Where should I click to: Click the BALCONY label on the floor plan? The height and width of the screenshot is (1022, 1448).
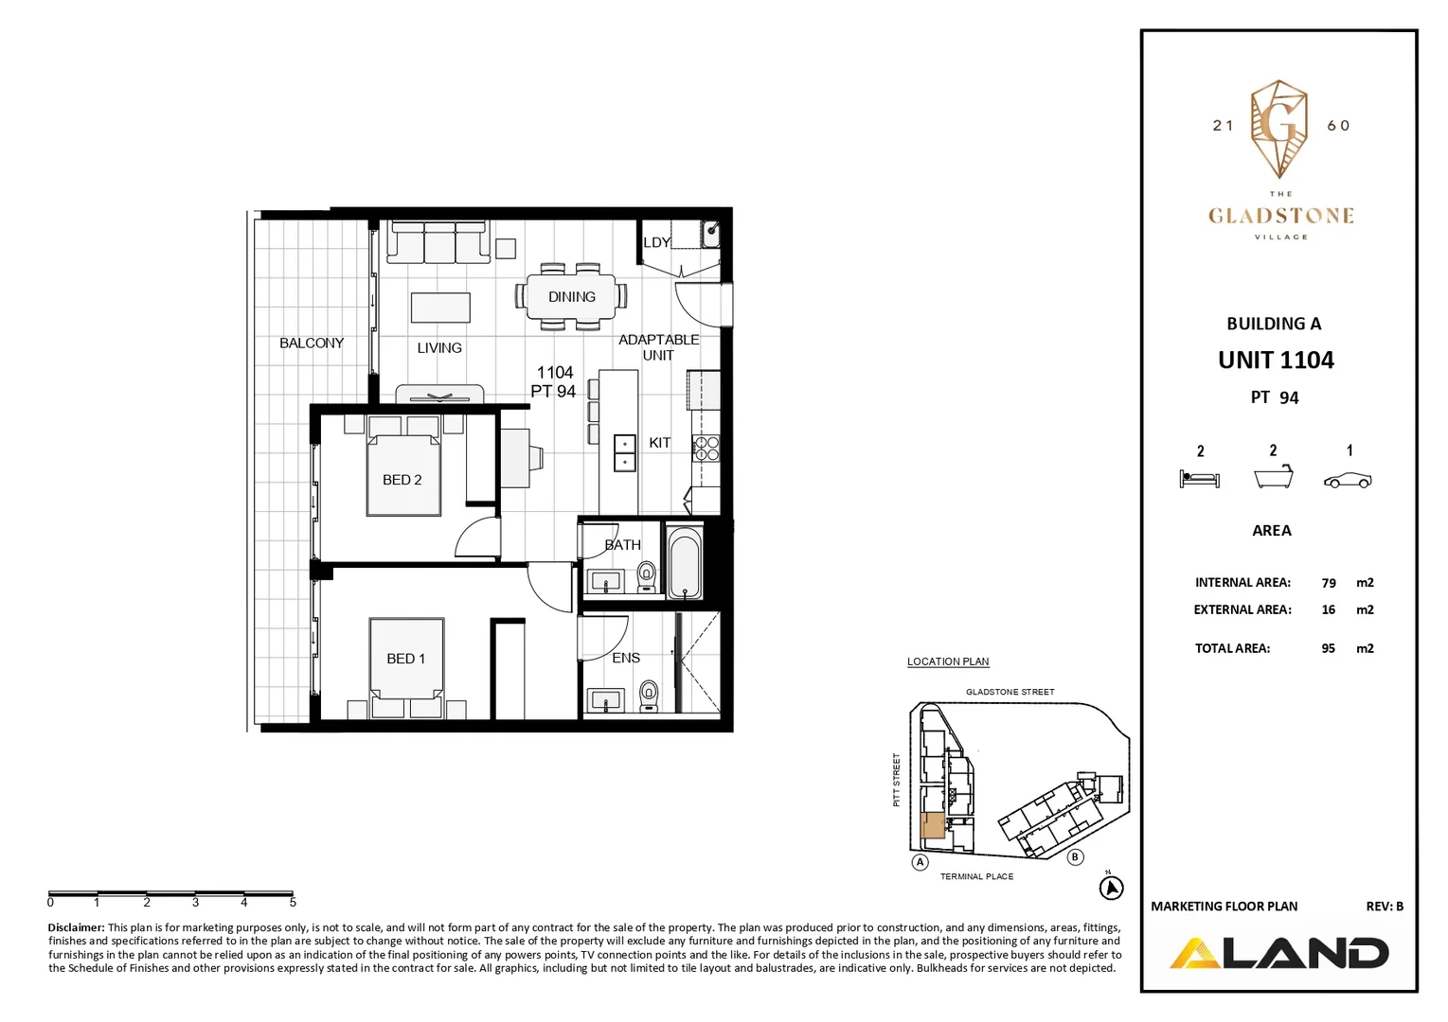tap(311, 343)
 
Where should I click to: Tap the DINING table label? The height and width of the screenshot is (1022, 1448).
tap(572, 296)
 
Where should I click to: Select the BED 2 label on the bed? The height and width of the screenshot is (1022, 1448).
tap(402, 480)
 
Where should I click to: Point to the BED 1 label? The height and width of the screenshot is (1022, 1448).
tap(405, 659)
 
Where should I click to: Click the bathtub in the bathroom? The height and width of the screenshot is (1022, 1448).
tap(684, 564)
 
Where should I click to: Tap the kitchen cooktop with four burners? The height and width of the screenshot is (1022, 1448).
tap(706, 448)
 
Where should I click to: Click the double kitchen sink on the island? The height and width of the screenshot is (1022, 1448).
tap(625, 453)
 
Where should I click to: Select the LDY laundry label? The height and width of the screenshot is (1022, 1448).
tap(657, 242)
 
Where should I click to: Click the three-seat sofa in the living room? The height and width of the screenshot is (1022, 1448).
tap(438, 243)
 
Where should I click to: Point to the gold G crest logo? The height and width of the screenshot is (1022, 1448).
tap(1279, 128)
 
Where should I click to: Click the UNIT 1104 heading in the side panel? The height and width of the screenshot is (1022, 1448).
tap(1276, 361)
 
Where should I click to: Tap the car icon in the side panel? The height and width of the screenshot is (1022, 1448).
tap(1348, 480)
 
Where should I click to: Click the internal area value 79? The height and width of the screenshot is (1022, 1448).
tap(1329, 583)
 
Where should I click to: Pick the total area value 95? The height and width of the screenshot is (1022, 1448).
tap(1329, 648)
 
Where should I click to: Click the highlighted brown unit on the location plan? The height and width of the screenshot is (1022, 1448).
tap(933, 825)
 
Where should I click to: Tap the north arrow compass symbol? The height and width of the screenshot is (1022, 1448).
tap(1111, 888)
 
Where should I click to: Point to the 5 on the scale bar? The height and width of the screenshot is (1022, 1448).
tap(293, 903)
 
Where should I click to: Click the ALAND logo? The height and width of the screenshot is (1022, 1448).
tap(1279, 953)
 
